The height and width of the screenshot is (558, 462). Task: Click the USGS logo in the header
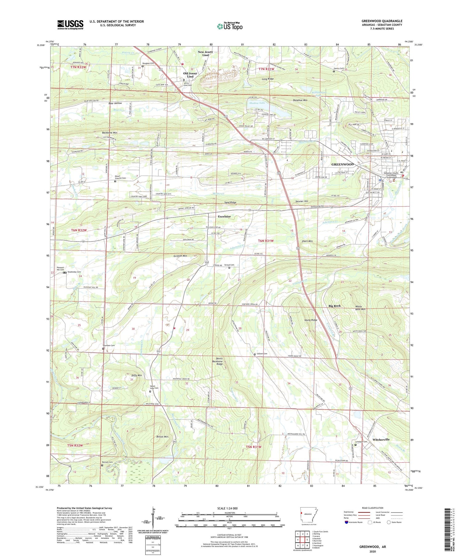pos(70,24)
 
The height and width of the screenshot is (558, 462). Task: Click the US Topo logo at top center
pos(230,26)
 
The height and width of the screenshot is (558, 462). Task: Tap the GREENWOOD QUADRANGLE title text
pos(382,21)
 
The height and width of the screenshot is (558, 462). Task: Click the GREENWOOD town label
pos(342,164)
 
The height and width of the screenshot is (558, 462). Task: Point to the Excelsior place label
pos(224,216)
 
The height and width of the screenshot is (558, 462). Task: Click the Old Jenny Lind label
pos(190,75)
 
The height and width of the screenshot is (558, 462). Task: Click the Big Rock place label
pos(334,306)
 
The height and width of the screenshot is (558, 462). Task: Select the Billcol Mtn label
pos(162,436)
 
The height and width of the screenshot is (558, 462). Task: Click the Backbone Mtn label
pos(110,133)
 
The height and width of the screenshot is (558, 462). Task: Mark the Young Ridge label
pos(310,320)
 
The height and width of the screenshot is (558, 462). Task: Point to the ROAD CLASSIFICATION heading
pos(373,508)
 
